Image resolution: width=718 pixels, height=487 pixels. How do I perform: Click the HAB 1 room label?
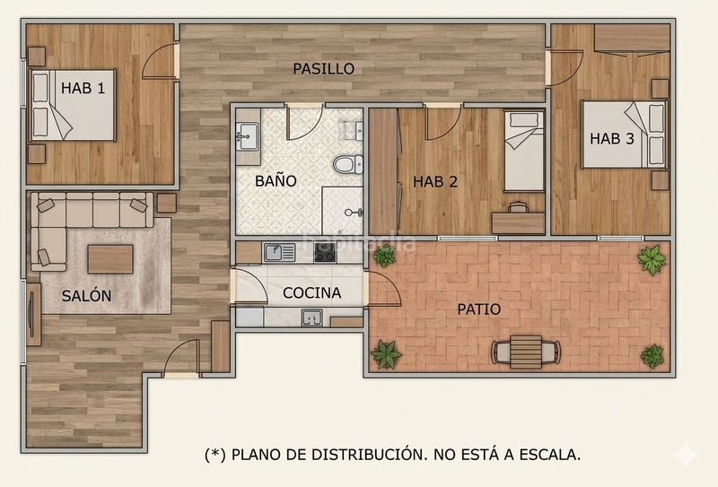pyautogui.click(x=83, y=88)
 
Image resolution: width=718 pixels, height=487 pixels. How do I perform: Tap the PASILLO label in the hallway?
pyautogui.click(x=324, y=69)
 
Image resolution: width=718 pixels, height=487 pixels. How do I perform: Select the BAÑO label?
pyautogui.click(x=276, y=181)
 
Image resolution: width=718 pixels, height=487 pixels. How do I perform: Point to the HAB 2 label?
pyautogui.click(x=435, y=182)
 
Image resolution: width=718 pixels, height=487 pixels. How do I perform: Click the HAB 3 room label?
pyautogui.click(x=612, y=139)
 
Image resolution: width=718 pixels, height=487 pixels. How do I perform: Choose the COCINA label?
pyautogui.click(x=311, y=293)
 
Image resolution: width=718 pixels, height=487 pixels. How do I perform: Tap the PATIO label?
pyautogui.click(x=479, y=309)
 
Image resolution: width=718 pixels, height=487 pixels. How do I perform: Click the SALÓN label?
pyautogui.click(x=86, y=296)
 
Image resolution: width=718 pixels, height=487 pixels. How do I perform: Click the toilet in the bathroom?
pyautogui.click(x=348, y=164)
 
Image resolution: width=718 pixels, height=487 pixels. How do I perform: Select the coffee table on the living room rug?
pyautogui.click(x=110, y=259)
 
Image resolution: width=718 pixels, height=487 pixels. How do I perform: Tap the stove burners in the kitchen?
pyautogui.click(x=325, y=253)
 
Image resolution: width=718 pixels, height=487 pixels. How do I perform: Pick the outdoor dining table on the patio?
pyautogui.click(x=526, y=352)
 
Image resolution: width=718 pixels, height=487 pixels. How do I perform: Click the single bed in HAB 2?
pyautogui.click(x=524, y=151)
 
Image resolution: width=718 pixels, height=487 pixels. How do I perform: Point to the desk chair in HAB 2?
pyautogui.click(x=518, y=207)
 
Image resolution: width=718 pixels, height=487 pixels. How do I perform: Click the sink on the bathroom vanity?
pyautogui.click(x=248, y=135)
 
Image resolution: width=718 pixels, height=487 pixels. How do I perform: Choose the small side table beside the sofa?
pyautogui.click(x=167, y=203)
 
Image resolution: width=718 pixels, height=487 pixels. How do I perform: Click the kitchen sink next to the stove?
pyautogui.click(x=279, y=253)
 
